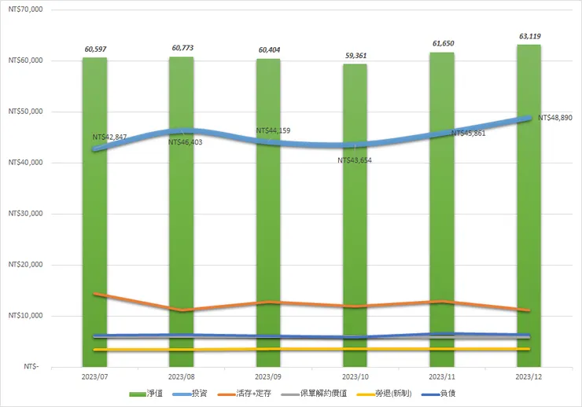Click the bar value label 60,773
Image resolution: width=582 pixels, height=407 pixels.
(182, 49)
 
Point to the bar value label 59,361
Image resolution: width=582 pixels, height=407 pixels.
(355, 56)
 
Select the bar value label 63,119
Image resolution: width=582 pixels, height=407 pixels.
(529, 36)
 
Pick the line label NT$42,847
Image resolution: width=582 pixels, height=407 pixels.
(110, 137)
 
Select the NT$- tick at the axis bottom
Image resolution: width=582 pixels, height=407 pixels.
(31, 367)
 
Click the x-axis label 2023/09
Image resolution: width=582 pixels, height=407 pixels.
(268, 377)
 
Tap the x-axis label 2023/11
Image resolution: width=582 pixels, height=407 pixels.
(441, 377)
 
